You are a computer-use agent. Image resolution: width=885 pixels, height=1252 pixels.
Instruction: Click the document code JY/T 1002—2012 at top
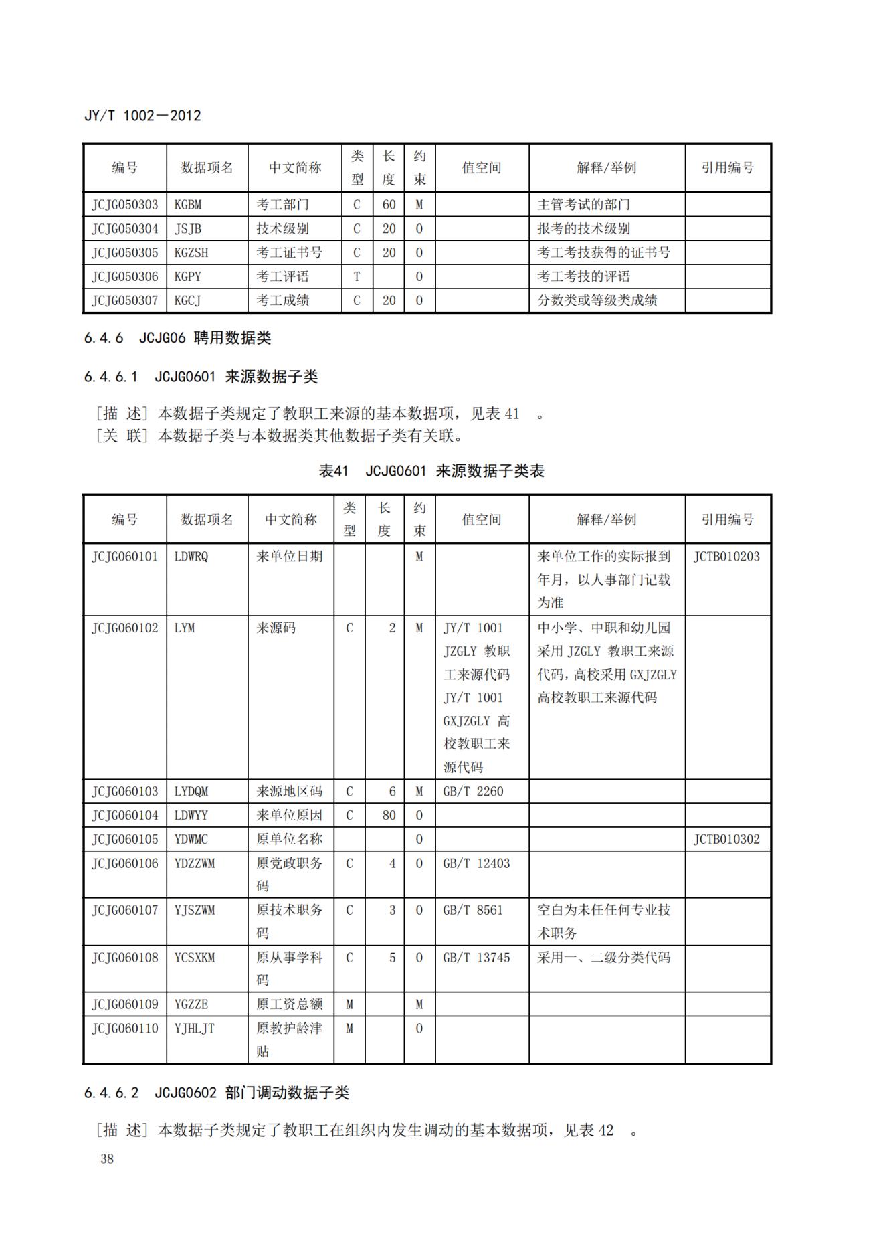click(142, 116)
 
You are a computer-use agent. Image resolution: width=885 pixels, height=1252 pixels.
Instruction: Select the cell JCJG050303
click(125, 205)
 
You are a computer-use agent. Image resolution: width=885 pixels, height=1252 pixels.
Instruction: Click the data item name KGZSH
click(191, 253)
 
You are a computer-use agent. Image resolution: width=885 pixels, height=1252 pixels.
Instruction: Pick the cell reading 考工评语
click(283, 277)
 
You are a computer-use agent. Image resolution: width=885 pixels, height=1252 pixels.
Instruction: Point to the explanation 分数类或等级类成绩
click(597, 301)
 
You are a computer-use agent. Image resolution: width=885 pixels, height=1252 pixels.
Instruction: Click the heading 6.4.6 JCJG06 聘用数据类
click(177, 338)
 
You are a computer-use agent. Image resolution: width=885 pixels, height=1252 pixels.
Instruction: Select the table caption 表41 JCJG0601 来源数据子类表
click(431, 471)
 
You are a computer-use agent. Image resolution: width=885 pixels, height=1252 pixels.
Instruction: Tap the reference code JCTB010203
click(726, 557)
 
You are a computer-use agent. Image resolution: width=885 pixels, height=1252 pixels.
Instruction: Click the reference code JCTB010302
click(726, 840)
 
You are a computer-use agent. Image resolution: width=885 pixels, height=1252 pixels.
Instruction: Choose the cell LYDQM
click(191, 792)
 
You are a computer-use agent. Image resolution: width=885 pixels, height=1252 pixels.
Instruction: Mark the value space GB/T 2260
click(473, 792)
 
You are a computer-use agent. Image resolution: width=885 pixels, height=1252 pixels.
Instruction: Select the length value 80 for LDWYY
click(389, 816)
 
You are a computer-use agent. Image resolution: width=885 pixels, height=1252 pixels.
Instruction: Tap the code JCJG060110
click(125, 1029)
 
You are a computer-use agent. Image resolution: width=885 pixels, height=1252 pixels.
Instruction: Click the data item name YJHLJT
click(195, 1029)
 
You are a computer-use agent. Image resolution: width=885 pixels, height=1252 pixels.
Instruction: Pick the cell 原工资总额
click(290, 1004)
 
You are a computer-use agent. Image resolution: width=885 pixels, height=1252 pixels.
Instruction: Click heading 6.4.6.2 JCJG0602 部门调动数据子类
click(217, 1093)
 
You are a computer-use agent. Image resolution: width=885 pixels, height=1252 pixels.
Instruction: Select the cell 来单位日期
click(290, 557)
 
